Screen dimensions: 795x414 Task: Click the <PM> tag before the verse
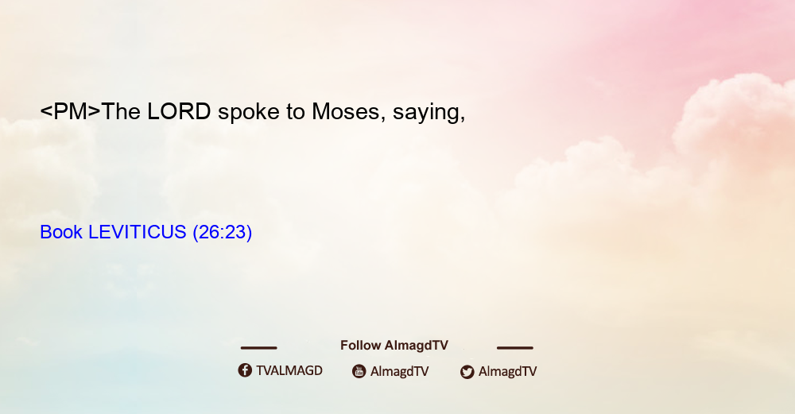[71, 111]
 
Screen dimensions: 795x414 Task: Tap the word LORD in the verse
[179, 111]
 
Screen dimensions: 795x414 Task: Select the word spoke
[248, 111]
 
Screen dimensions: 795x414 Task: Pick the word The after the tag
[121, 111]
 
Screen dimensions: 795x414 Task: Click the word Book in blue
[61, 232]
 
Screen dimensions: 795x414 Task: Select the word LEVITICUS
[137, 232]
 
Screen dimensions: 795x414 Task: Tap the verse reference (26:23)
[222, 233]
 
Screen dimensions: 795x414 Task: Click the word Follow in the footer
[360, 346]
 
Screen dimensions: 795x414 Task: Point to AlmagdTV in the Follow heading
[417, 346]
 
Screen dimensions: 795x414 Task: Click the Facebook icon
[245, 370]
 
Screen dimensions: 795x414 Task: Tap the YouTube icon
[359, 371]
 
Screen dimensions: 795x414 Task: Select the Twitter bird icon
[467, 372]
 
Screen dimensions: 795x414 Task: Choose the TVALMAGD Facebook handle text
[289, 371]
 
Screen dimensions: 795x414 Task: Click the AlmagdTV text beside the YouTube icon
[400, 372]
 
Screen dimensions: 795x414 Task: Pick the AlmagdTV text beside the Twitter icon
[507, 372]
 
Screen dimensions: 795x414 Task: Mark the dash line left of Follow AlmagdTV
[258, 348]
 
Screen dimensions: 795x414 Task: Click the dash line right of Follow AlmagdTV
[514, 348]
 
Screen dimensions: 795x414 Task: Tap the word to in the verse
[296, 112]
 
